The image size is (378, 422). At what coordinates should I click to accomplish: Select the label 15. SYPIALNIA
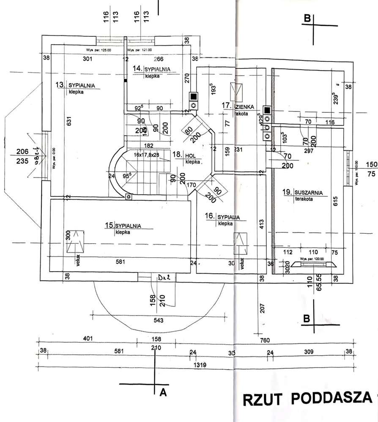[123, 226]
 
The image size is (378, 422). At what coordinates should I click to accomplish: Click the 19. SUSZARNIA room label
[303, 193]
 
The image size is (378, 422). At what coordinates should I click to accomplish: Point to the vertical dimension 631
[69, 121]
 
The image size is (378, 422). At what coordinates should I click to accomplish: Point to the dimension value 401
[88, 339]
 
